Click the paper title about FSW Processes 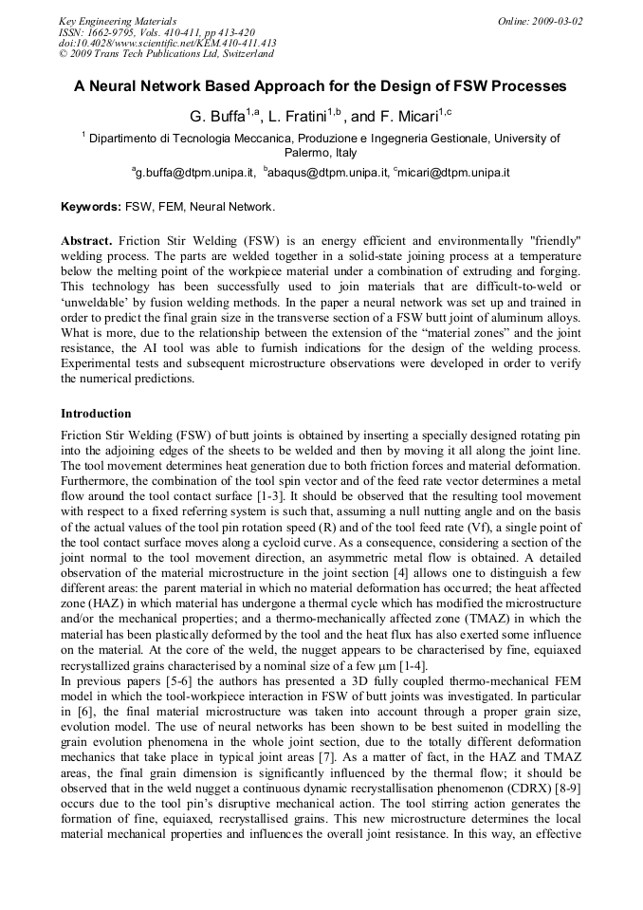point(321,86)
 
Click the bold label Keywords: point(91,206)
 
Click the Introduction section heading point(96,414)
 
